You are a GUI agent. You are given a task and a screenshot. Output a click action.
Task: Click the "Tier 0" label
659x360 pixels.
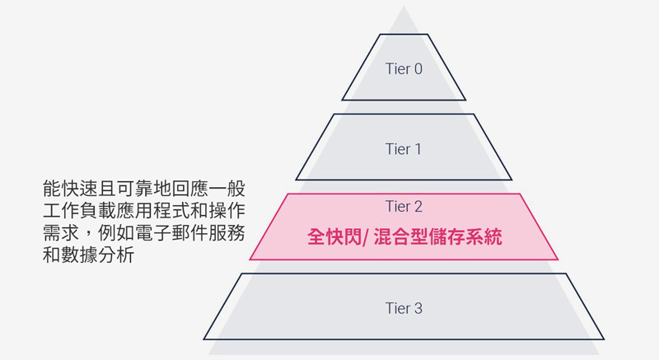coord(404,69)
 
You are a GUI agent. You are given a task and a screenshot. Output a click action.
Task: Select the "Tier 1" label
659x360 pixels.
coord(404,149)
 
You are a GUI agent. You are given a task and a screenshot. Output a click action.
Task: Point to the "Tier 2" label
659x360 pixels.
coord(404,206)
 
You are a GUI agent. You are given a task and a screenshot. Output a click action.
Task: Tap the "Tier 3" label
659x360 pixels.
coord(404,308)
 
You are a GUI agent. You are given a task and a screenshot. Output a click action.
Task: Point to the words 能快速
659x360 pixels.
coord(71,188)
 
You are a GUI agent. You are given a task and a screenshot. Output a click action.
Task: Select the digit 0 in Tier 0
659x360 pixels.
coord(418,69)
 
